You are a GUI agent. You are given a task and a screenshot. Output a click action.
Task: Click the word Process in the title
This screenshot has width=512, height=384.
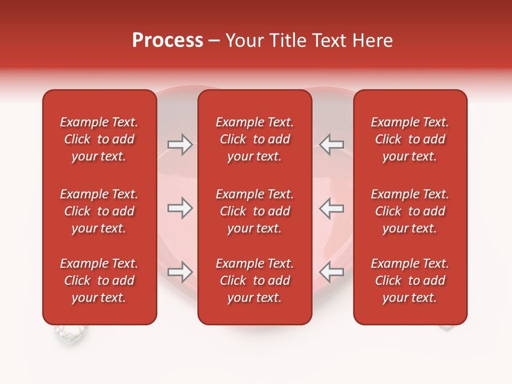coord(167,41)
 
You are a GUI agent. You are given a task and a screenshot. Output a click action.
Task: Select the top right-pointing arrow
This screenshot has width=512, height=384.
coord(180,145)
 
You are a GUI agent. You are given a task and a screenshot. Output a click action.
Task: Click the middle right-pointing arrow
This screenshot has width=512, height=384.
coord(180,208)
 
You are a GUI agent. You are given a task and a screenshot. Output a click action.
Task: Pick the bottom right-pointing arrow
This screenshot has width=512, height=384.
coord(180,272)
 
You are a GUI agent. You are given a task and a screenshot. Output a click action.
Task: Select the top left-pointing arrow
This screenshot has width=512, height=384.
coord(332,145)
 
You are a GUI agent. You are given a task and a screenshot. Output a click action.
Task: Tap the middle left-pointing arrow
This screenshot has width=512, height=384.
coord(332,208)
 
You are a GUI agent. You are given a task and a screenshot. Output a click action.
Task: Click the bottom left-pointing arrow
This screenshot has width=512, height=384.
coord(332,272)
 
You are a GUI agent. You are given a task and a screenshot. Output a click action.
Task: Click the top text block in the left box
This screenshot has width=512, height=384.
coord(99,139)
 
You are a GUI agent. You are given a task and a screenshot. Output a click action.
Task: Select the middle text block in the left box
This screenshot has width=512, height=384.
coord(99,211)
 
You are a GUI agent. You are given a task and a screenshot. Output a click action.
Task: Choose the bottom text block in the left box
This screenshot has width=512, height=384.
coord(99,281)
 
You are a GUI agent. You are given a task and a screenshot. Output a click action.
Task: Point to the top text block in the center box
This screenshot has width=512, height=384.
coord(254,139)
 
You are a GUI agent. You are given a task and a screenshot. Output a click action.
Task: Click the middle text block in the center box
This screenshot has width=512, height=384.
coord(254,211)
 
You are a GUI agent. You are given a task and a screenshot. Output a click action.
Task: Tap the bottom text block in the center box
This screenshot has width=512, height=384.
coord(254,281)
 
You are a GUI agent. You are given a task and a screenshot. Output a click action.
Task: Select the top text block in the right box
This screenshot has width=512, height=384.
coord(410,139)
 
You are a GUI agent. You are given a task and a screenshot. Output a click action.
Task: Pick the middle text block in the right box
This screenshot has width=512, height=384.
coord(410,211)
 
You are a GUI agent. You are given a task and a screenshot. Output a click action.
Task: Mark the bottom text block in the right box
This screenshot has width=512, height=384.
coord(410,281)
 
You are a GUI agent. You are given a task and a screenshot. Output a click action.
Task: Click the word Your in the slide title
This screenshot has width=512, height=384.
coord(243,41)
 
